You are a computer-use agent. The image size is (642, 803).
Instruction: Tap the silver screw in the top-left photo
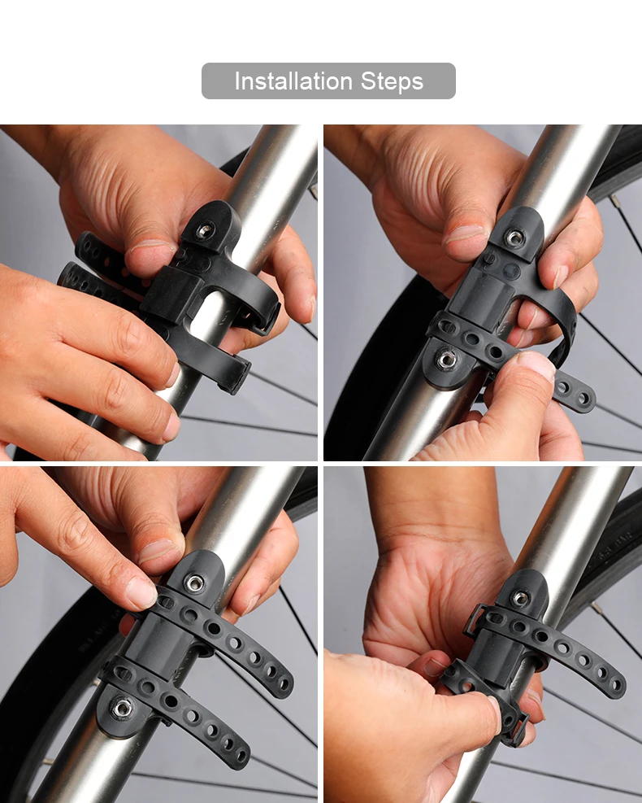click(205, 230)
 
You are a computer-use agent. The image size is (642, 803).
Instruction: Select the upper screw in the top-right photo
click(514, 238)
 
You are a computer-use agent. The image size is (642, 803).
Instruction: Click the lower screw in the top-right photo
click(447, 359)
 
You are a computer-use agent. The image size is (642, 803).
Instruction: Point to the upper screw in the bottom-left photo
click(195, 583)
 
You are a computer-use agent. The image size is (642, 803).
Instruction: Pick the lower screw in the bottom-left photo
click(121, 709)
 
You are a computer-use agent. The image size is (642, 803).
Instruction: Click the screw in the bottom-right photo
click(520, 598)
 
